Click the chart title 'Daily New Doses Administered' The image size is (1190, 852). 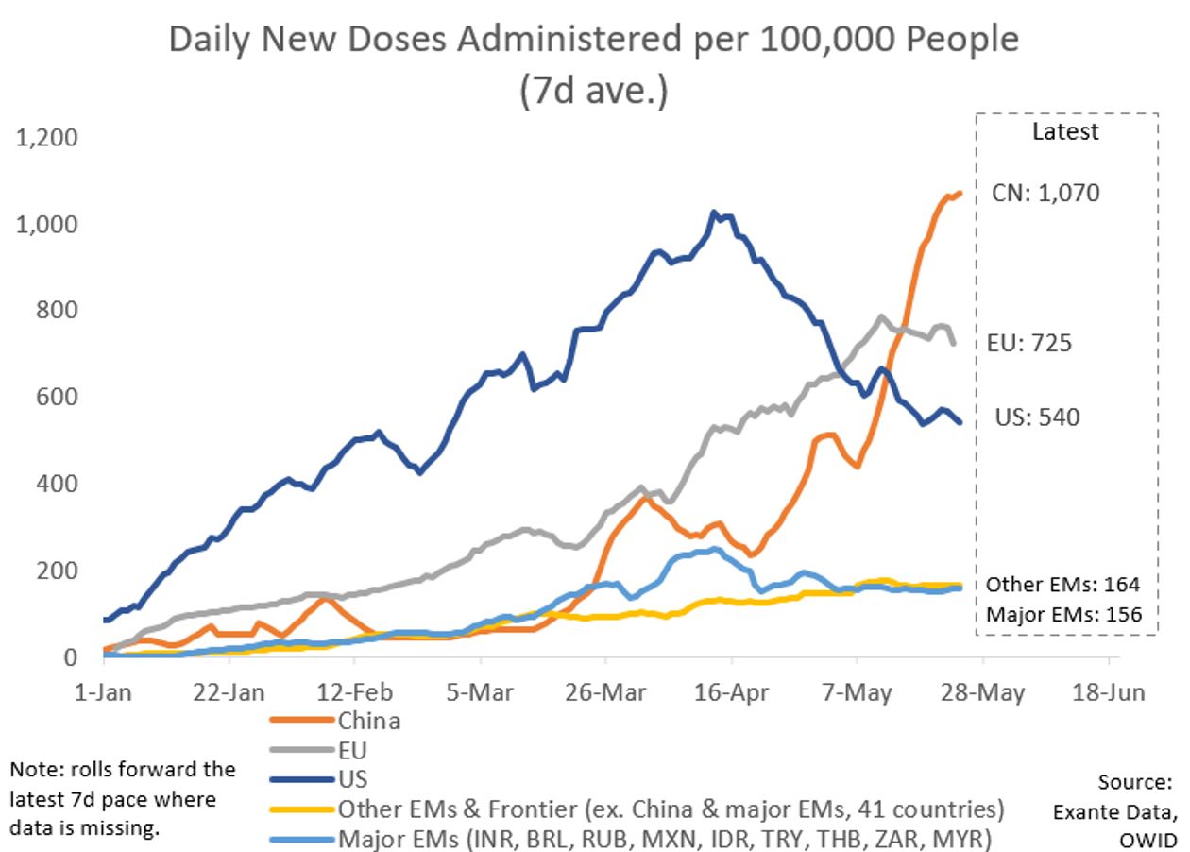pos(594,40)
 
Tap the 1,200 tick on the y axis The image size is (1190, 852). pos(45,139)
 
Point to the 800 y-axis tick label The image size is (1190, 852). pos(58,312)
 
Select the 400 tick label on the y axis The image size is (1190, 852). pos(58,485)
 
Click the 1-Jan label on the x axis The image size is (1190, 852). pos(105,692)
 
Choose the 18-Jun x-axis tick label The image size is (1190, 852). pos(1109,692)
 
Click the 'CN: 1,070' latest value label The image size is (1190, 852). pos(1045,194)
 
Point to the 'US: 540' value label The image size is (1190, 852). pos(1037,417)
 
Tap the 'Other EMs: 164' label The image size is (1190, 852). pos(1063,585)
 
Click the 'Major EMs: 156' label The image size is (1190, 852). pos(1063,615)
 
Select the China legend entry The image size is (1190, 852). pos(368,722)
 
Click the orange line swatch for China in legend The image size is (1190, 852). pos(302,722)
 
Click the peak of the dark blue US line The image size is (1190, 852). pos(714,213)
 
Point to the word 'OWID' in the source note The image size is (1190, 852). pos(1150,840)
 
